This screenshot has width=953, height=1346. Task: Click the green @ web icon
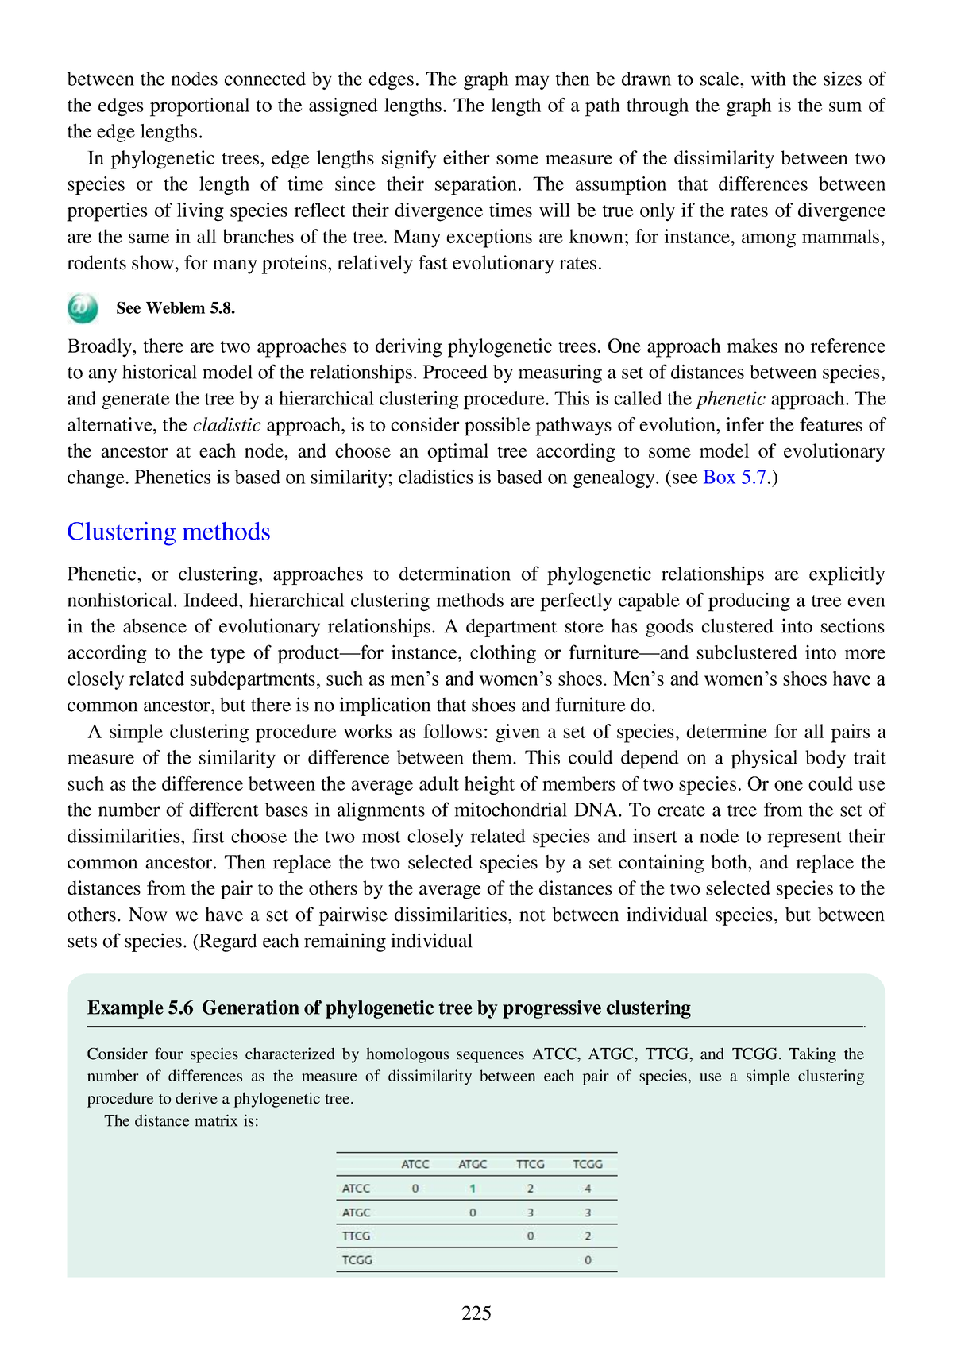click(x=83, y=308)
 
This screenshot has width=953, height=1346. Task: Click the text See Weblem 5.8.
click(x=176, y=308)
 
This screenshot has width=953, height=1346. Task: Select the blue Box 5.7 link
click(x=735, y=478)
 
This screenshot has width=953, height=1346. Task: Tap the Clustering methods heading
click(x=168, y=532)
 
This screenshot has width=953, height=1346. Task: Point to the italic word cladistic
click(x=226, y=425)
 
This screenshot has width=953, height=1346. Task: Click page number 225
click(x=476, y=1313)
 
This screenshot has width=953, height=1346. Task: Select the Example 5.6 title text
click(x=388, y=1008)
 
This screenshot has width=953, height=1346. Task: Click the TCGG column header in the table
click(x=588, y=1164)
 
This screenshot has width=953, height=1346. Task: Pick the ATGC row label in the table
click(x=356, y=1213)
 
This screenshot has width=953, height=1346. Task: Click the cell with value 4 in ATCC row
click(x=588, y=1189)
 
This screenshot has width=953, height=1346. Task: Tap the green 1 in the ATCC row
click(x=473, y=1189)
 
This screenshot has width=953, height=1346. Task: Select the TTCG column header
click(x=531, y=1164)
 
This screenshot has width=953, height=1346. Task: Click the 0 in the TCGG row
click(x=588, y=1260)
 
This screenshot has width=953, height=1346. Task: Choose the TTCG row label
click(x=356, y=1236)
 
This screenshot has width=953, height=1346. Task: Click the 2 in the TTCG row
click(x=588, y=1236)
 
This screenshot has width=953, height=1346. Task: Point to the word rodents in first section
click(x=96, y=263)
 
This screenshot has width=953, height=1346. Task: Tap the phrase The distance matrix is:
click(x=182, y=1121)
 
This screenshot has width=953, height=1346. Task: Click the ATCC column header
click(x=415, y=1164)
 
